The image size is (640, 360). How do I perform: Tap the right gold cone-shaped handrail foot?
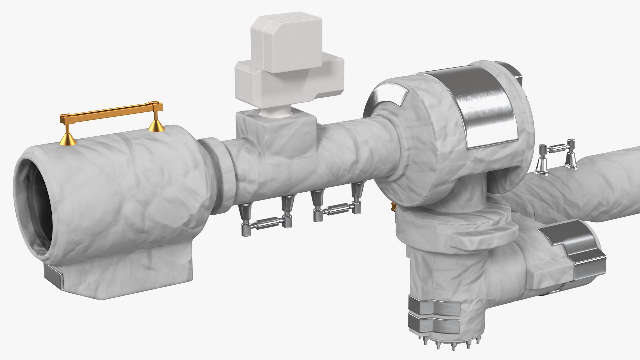155,125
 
